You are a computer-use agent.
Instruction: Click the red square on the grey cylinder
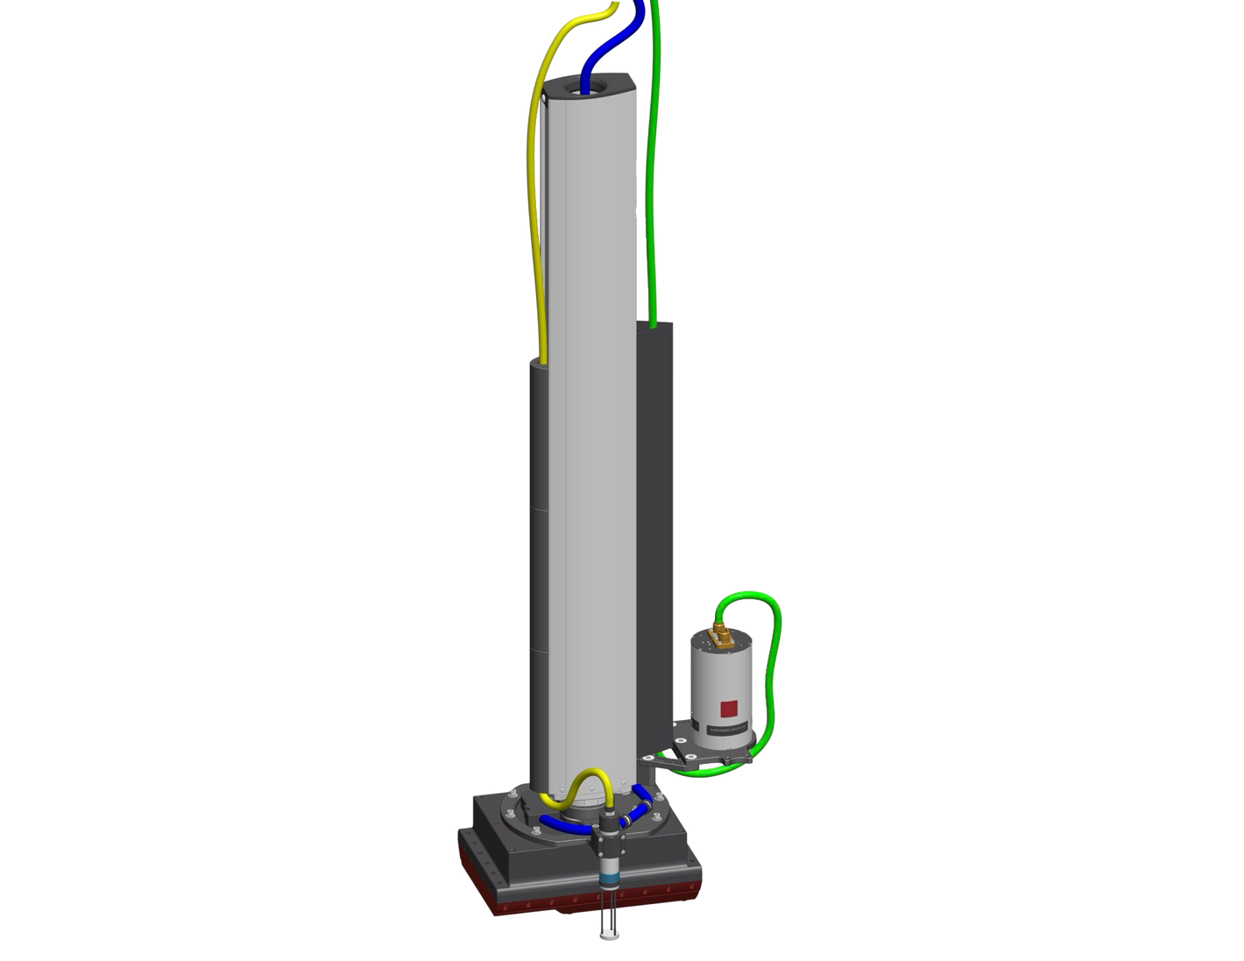728,707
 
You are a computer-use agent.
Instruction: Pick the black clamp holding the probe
606,841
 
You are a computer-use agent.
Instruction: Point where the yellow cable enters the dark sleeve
544,359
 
